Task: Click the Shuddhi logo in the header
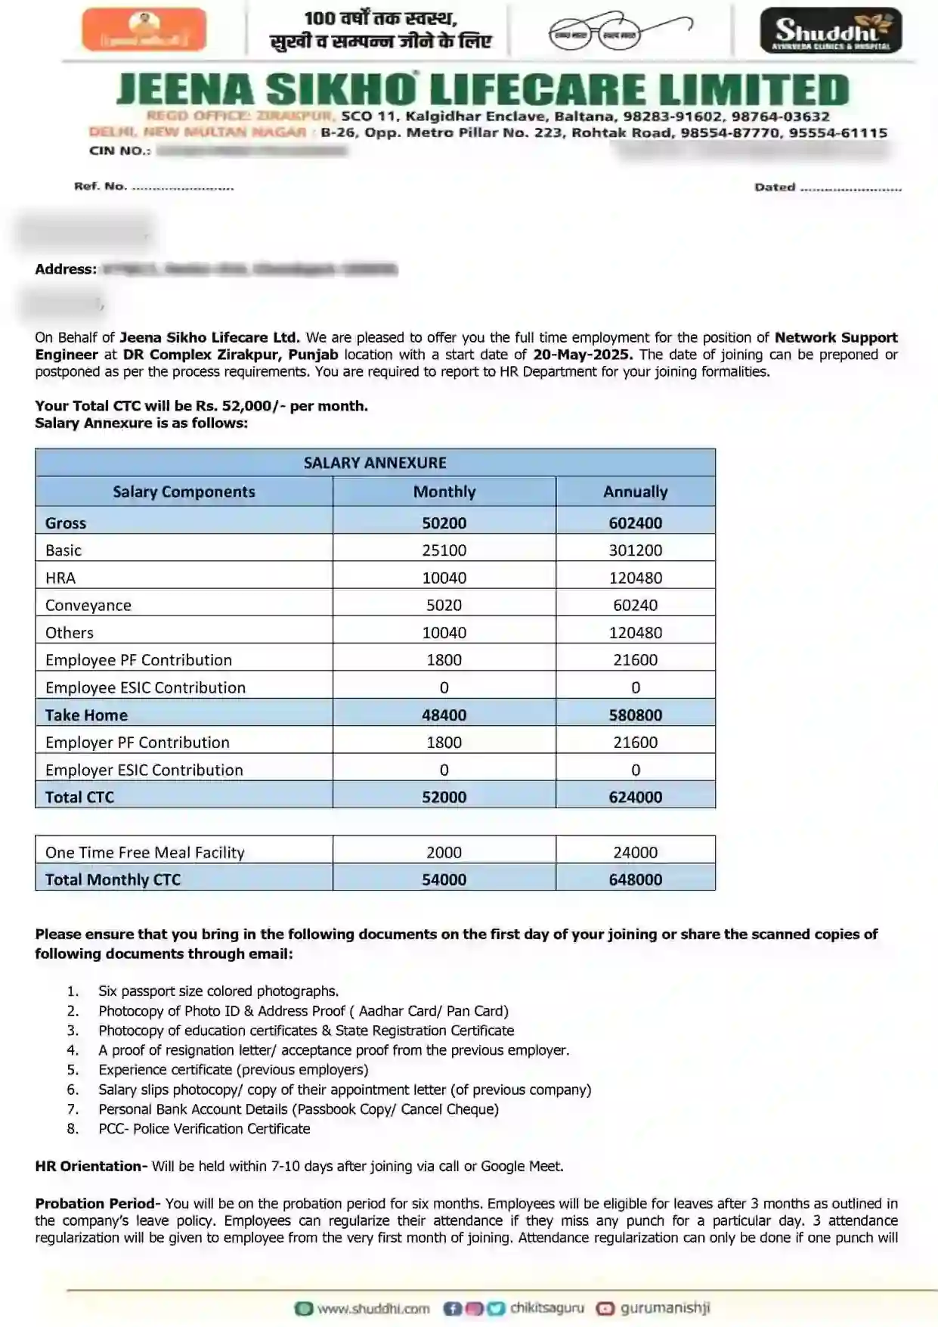(x=830, y=31)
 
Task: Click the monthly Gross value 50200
(x=444, y=523)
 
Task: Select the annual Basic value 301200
(x=635, y=550)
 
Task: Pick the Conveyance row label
(x=88, y=606)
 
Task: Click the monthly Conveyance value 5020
(x=444, y=606)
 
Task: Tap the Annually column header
(x=635, y=492)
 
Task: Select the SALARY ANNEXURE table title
(x=375, y=463)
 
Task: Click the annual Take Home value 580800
(x=635, y=715)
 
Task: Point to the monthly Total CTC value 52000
(x=444, y=798)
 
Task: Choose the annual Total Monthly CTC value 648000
(x=635, y=880)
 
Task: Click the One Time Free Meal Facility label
(x=145, y=853)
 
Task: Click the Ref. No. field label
(x=101, y=186)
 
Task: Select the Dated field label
(x=775, y=188)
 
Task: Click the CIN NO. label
(x=119, y=150)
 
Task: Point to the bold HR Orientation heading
(x=91, y=1167)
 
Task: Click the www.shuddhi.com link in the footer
(x=373, y=1309)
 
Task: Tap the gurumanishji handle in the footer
(x=665, y=1308)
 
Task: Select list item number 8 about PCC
(x=204, y=1129)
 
